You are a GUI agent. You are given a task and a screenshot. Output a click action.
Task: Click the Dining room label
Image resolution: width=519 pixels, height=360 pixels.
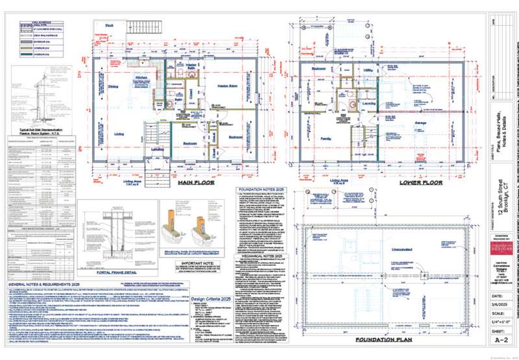click(x=112, y=86)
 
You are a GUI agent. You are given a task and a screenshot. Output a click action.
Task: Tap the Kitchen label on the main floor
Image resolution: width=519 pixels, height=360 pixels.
click(x=144, y=77)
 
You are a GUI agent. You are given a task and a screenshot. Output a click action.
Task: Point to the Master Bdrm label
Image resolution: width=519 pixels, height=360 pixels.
click(x=226, y=86)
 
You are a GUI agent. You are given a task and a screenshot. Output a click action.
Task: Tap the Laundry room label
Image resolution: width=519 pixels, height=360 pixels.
click(x=371, y=102)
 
